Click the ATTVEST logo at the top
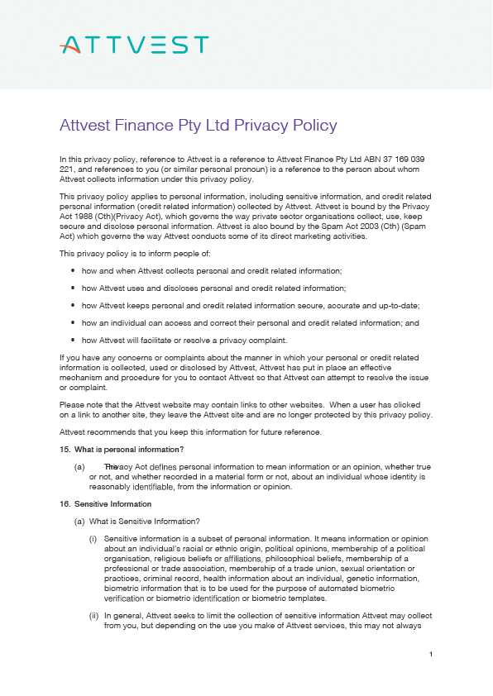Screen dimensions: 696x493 pyautogui.click(x=135, y=45)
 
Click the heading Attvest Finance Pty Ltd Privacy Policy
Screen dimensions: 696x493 pyautogui.click(x=199, y=126)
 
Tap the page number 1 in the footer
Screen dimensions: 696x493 pyautogui.click(x=432, y=655)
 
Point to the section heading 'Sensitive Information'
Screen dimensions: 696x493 pyautogui.click(x=110, y=503)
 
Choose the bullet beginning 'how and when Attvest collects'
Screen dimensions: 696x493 pyautogui.click(x=212, y=271)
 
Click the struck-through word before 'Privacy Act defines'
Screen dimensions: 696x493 pyautogui.click(x=111, y=466)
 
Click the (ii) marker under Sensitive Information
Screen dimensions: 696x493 pyautogui.click(x=93, y=616)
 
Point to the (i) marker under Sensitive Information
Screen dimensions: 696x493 pyautogui.click(x=93, y=538)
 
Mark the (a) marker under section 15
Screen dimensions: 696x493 pyautogui.click(x=79, y=467)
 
